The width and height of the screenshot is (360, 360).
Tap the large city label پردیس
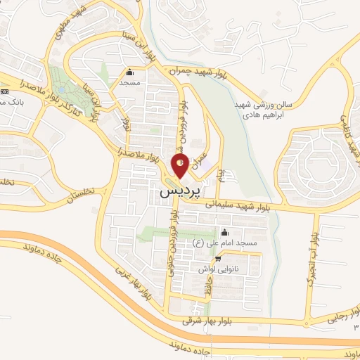click(x=180, y=190)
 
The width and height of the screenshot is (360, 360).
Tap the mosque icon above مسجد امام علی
click(x=224, y=233)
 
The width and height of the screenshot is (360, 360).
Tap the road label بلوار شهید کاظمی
click(x=347, y=134)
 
